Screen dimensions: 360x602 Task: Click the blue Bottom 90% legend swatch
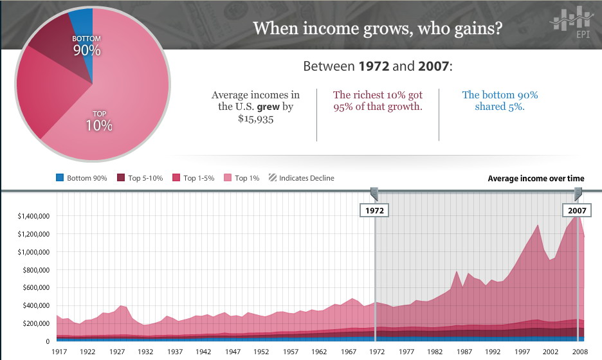[x=60, y=178]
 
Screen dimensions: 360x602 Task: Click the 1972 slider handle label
[x=374, y=210]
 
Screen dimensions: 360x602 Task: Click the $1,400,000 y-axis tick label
[x=30, y=216]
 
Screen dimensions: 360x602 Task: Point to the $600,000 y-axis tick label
[x=32, y=287]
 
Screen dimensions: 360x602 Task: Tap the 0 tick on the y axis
[x=46, y=341]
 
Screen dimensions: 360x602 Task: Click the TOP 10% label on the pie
[x=99, y=121]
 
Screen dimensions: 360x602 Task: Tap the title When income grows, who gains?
[x=378, y=29]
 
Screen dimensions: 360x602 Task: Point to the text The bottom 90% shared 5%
[x=500, y=101]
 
